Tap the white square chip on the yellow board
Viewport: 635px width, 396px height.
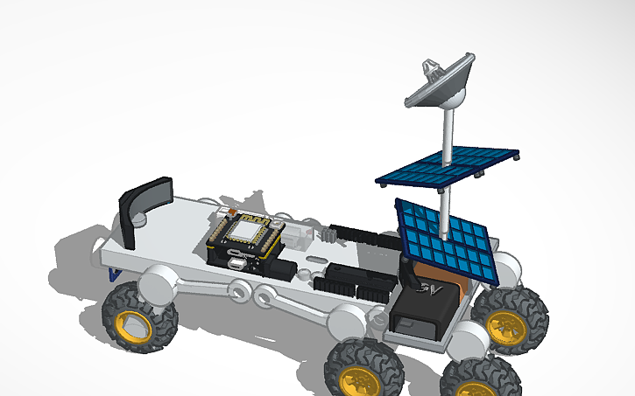point(244,231)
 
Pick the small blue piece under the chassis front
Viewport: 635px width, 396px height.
point(115,274)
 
